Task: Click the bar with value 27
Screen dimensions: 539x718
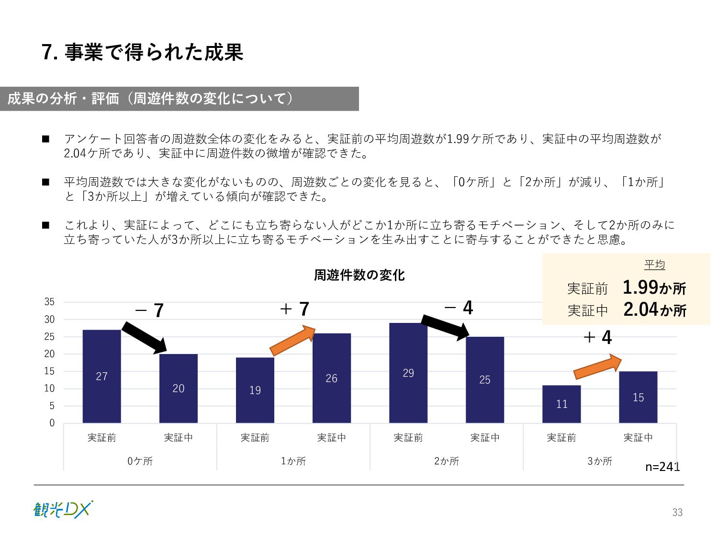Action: point(101,376)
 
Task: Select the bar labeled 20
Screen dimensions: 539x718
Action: point(178,388)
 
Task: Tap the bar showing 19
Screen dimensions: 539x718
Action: point(255,390)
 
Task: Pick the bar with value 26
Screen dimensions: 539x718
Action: point(331,378)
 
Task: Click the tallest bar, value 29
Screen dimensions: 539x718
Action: point(408,373)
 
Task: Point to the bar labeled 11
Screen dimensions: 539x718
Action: point(561,404)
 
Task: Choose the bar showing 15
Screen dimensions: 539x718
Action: point(638,397)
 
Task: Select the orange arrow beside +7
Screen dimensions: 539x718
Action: point(292,341)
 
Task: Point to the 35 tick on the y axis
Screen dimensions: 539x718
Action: point(49,302)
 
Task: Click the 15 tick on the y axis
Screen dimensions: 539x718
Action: point(49,371)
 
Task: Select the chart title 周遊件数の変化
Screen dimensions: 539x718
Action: point(359,275)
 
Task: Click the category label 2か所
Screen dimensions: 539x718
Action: point(446,461)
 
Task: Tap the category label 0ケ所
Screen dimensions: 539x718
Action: point(140,461)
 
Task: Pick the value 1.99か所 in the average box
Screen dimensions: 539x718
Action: point(654,287)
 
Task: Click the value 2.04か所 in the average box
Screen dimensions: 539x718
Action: point(654,310)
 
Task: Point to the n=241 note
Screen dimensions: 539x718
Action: point(662,467)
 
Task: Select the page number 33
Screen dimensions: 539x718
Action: point(677,512)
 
